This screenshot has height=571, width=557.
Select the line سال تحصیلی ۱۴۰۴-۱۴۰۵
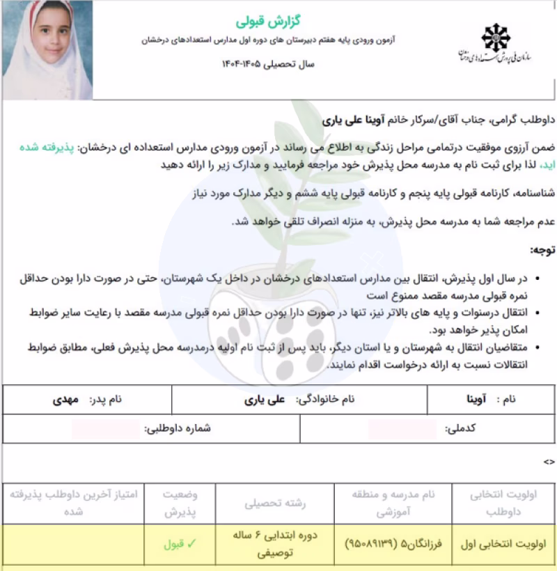[x=269, y=64]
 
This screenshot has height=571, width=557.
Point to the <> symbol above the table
[x=549, y=462]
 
